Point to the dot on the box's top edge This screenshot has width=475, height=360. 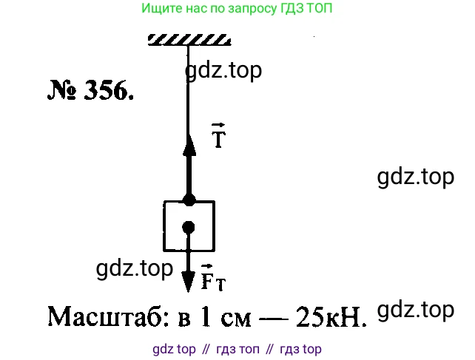[189, 200]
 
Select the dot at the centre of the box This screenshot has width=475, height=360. [189, 227]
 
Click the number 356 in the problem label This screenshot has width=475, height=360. [110, 92]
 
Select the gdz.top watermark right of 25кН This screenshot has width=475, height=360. [415, 310]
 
